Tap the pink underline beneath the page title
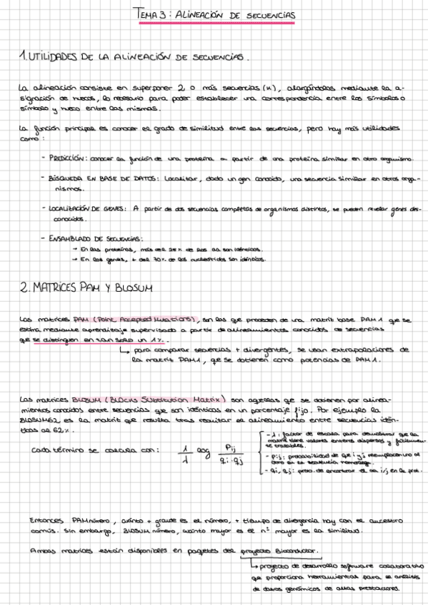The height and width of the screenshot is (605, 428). point(218,23)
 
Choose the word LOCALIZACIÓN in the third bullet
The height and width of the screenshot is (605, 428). point(74,209)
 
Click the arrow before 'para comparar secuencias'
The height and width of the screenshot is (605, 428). point(125,350)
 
